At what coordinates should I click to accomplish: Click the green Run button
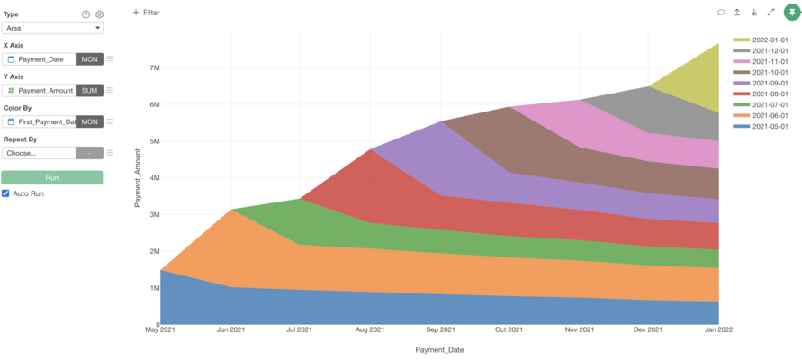(x=52, y=177)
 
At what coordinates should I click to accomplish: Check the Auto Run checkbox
(x=6, y=193)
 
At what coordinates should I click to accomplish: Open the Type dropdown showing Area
(x=52, y=28)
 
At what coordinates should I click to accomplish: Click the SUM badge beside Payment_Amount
(x=90, y=90)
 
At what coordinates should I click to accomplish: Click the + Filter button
(x=146, y=13)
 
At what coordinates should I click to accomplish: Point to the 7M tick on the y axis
(x=155, y=67)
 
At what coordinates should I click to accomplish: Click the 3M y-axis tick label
(x=155, y=214)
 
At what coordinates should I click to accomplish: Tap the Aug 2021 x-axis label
(x=369, y=330)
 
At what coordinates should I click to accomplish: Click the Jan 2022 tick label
(x=718, y=330)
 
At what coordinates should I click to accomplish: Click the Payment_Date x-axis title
(x=439, y=349)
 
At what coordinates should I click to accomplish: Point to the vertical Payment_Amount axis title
(x=138, y=180)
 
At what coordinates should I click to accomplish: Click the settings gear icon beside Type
(x=100, y=14)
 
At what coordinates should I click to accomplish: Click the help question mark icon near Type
(x=86, y=14)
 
